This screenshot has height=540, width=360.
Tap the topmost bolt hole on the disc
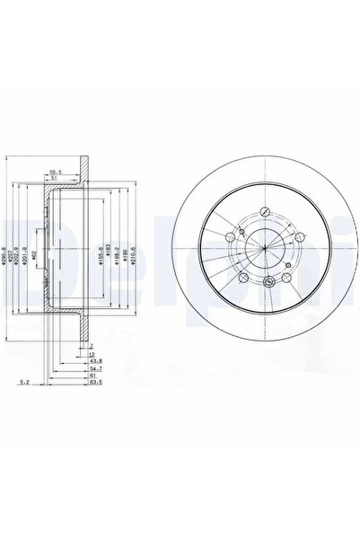267,214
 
